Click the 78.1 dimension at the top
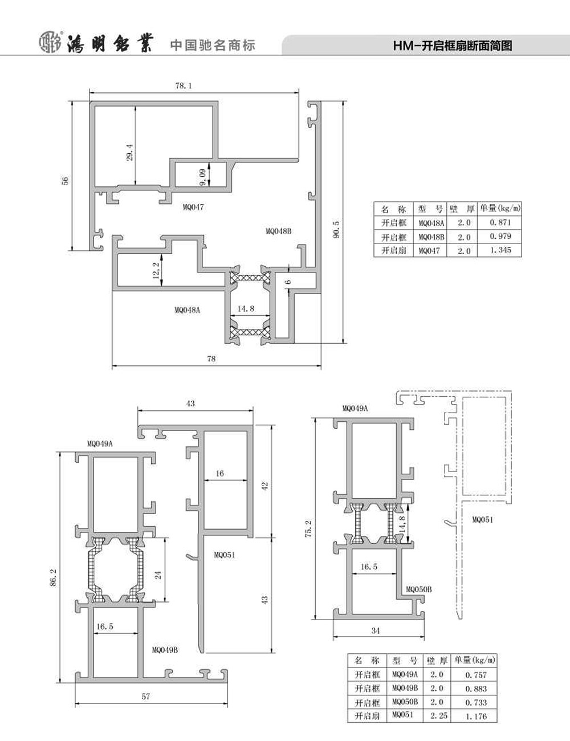tap(184, 86)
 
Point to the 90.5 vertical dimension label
tap(336, 229)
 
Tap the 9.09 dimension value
tap(202, 177)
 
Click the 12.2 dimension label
tap(156, 271)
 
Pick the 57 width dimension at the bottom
tap(145, 697)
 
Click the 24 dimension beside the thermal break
tap(158, 576)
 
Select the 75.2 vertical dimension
tap(308, 529)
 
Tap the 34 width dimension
tap(375, 630)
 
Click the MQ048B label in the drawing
tap(279, 231)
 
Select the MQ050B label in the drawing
tap(418, 589)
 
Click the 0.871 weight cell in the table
tap(500, 223)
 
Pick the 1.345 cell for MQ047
tap(500, 250)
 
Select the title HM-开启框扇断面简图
tap(453, 46)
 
